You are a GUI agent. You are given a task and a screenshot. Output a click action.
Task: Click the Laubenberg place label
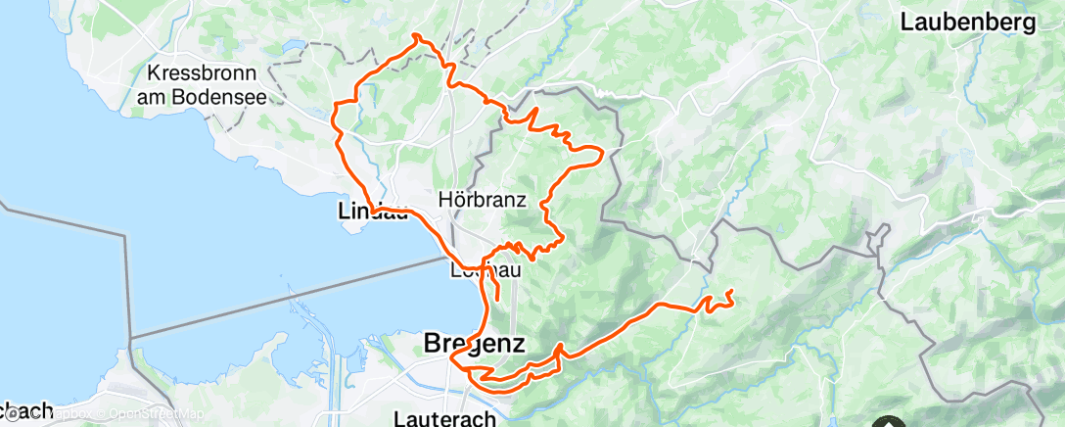pos(966,24)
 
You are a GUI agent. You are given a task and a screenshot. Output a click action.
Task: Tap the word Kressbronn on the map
pos(203,74)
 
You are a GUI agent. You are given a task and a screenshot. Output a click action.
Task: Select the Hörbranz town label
pos(490,201)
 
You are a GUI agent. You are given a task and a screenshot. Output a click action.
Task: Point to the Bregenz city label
pos(475,344)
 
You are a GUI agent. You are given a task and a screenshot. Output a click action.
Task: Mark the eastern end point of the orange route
pos(730,292)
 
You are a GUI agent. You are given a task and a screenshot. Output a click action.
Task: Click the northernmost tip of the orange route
pos(417,35)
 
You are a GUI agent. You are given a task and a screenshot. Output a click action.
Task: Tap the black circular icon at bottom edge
pos(889,422)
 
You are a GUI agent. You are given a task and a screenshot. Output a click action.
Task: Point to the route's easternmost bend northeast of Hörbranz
pos(599,152)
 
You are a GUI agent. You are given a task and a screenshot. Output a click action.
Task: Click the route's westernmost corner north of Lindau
pos(336,104)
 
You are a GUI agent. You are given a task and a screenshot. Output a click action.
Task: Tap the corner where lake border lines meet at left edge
pos(126,235)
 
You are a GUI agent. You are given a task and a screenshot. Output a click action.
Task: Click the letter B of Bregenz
pos(433,344)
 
